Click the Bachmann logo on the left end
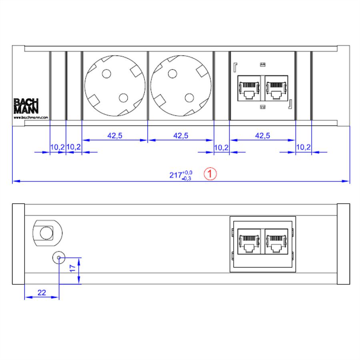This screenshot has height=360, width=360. [x=26, y=106]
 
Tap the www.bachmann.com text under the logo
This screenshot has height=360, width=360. [x=31, y=118]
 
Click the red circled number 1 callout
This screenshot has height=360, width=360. [x=210, y=174]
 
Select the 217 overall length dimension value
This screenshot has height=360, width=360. [x=176, y=175]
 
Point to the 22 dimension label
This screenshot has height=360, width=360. [x=42, y=292]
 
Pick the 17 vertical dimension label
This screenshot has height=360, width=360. [x=72, y=268]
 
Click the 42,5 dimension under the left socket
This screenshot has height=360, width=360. [x=115, y=136]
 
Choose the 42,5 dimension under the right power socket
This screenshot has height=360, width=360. [x=181, y=136]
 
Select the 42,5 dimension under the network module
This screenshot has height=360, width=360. [x=263, y=136]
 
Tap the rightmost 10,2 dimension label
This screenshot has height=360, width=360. [x=303, y=147]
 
